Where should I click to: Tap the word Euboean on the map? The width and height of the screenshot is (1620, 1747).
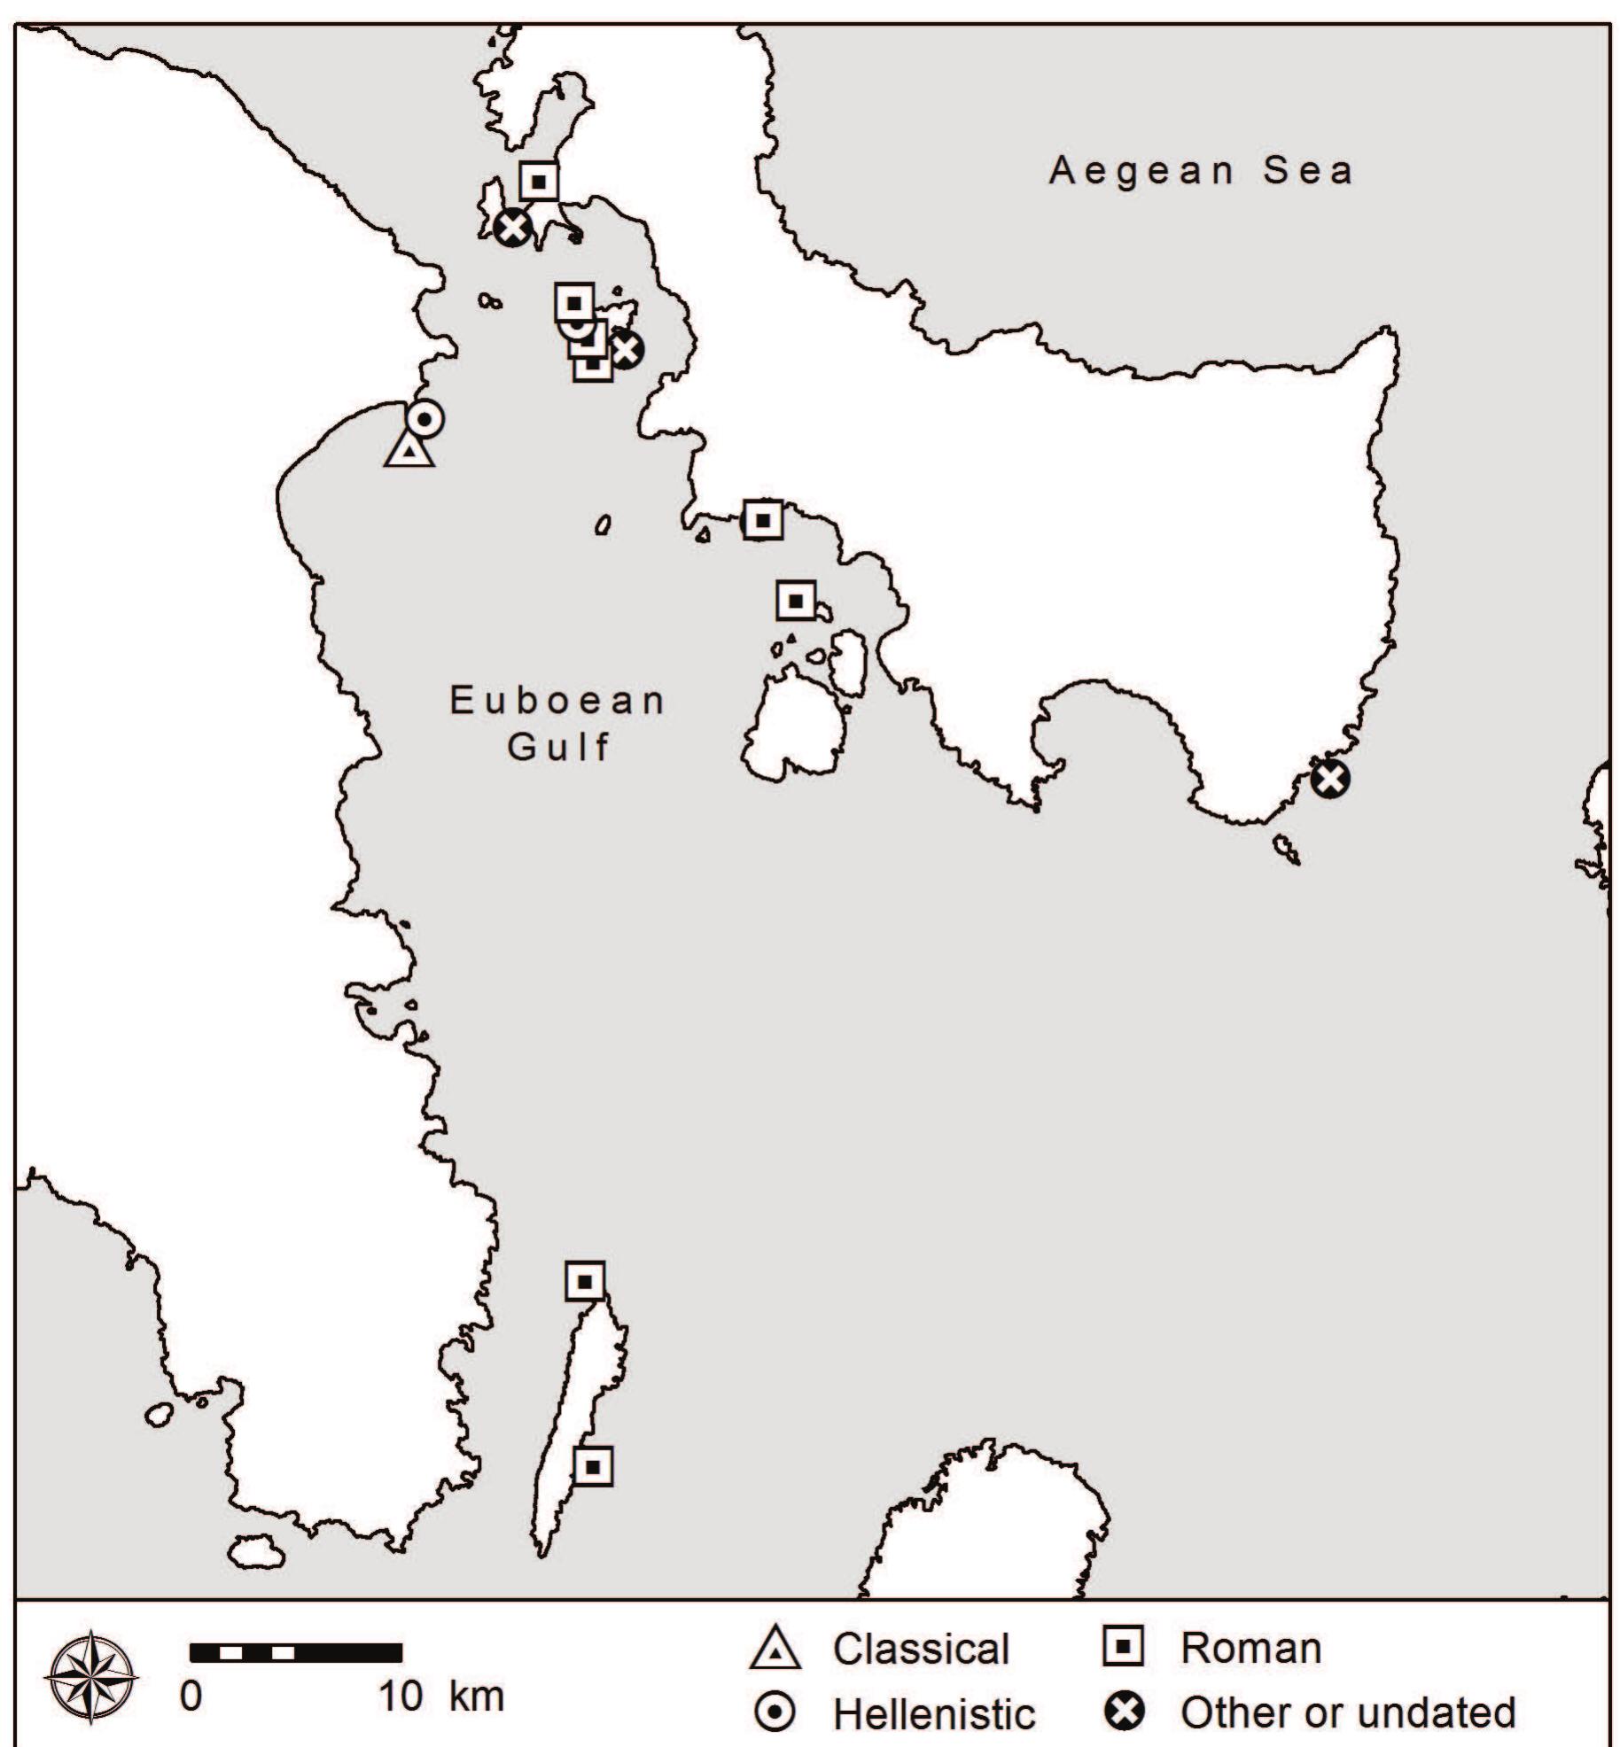(557, 701)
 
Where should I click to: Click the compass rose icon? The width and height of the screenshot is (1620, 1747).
(92, 1674)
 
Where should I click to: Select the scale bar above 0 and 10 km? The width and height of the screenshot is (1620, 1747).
(296, 1652)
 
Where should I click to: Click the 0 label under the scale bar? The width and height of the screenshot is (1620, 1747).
(191, 1697)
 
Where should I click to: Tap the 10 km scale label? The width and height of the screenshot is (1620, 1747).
(441, 1697)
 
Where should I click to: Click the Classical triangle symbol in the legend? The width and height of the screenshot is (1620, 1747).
(775, 1649)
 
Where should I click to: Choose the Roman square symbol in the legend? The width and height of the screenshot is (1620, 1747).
(1123, 1647)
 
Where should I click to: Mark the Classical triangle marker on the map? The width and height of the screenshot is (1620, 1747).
(409, 450)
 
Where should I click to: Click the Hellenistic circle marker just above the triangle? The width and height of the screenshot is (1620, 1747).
(425, 419)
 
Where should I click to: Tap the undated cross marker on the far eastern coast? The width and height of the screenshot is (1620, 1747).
(1330, 780)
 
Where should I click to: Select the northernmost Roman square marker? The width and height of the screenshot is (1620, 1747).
(538, 182)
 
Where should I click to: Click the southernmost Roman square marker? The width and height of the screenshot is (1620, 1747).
(593, 1467)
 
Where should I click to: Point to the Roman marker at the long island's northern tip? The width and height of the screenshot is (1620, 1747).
(585, 1281)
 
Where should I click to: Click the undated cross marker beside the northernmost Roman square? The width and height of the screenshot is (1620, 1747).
(513, 228)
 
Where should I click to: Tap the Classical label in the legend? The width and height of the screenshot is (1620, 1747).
(921, 1649)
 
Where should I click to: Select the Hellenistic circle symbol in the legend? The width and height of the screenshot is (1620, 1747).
(775, 1714)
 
